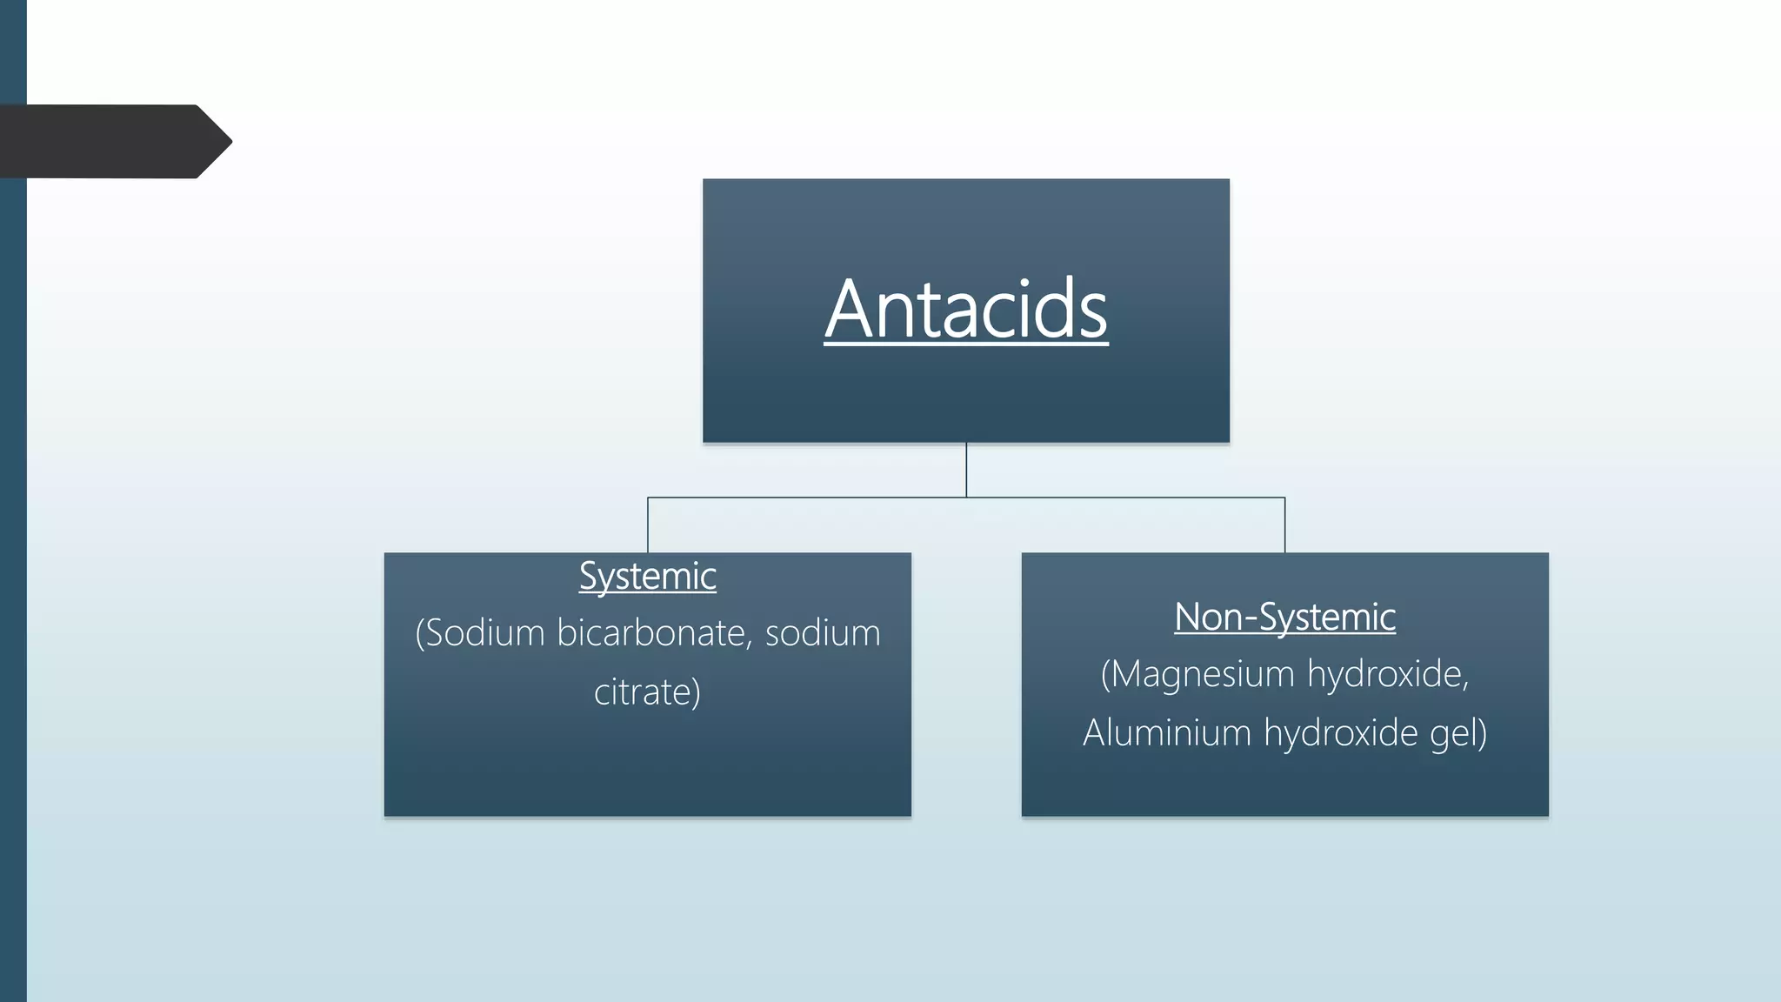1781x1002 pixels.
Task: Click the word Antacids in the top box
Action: pos(965,309)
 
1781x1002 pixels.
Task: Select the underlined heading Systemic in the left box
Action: pos(647,576)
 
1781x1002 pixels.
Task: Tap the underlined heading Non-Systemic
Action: pos(1284,617)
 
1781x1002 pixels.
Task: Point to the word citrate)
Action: pos(647,692)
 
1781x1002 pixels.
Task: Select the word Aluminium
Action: pos(1166,732)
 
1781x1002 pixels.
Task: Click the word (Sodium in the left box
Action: pos(480,632)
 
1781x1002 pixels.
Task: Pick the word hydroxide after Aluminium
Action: pos(1340,732)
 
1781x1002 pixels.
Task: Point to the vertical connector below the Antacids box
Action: pos(966,470)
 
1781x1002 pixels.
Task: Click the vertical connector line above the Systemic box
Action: pos(648,526)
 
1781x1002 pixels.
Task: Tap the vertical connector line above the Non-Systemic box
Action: pos(1284,526)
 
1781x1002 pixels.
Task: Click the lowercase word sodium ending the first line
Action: pos(823,632)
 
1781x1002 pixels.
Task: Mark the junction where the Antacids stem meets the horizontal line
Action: pos(966,498)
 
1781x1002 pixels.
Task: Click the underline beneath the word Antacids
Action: pos(965,345)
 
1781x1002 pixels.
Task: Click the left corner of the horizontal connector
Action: pos(648,498)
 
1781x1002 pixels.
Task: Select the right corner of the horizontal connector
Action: pos(1284,498)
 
